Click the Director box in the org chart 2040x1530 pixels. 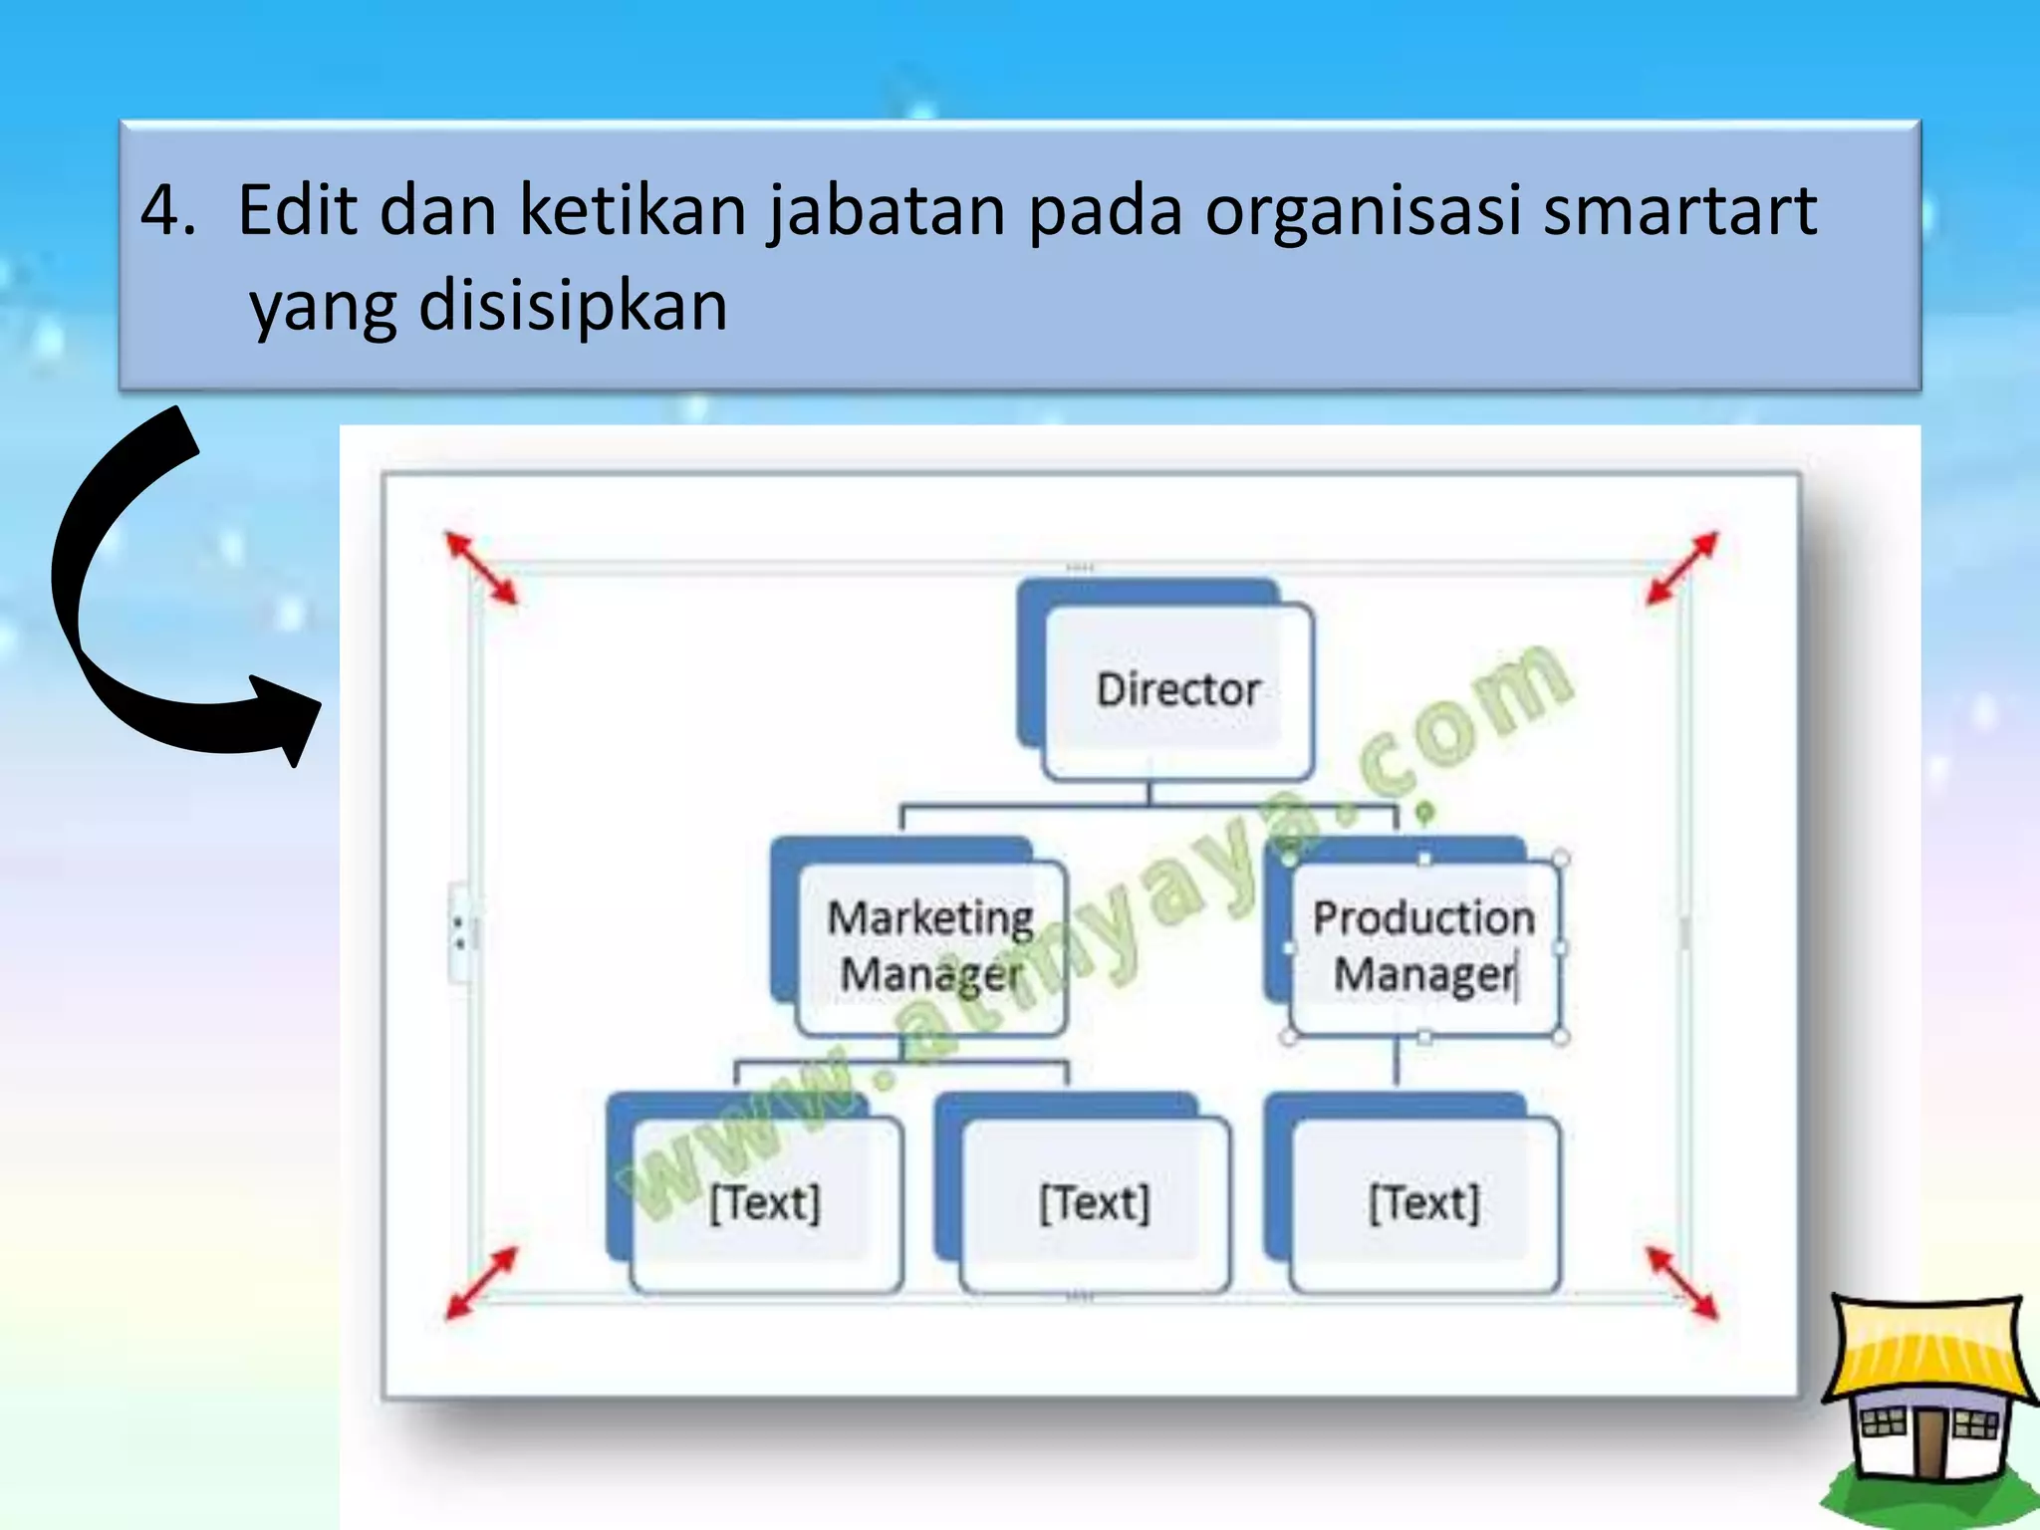1177,690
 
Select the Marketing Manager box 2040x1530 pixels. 930,945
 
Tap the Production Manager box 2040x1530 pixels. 1424,946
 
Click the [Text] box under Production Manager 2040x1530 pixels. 1424,1203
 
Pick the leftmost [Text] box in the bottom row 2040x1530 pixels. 765,1203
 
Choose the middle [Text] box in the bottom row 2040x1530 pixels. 1095,1203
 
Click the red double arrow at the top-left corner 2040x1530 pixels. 481,568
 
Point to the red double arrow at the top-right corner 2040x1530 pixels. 1681,568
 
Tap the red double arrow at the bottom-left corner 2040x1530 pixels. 481,1283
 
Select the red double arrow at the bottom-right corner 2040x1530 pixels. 1681,1283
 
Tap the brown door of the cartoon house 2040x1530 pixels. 1928,1442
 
